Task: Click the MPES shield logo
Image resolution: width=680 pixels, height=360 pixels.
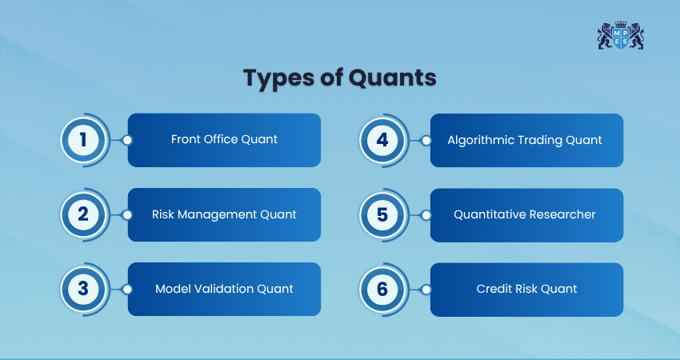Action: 621,35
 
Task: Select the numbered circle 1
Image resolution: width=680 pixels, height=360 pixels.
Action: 83,140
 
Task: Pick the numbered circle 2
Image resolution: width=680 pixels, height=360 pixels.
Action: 83,214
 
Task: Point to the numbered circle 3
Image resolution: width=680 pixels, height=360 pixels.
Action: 83,289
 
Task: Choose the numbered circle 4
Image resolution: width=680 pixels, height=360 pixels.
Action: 382,140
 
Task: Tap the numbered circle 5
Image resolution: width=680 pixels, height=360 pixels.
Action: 382,214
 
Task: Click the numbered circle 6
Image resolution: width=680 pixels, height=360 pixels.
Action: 382,289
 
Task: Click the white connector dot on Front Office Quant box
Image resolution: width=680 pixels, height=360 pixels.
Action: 127,140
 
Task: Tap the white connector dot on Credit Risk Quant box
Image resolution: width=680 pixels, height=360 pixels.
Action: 426,290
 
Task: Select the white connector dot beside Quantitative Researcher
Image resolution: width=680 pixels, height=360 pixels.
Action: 426,215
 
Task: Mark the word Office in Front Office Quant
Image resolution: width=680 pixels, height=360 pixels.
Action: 218,139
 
